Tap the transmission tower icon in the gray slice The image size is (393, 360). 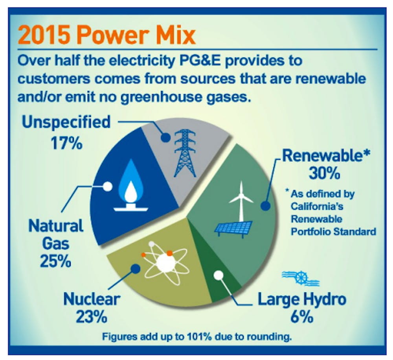pyautogui.click(x=185, y=153)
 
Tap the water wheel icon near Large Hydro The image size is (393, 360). pyautogui.click(x=301, y=278)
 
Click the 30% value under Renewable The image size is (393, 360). pyautogui.click(x=324, y=173)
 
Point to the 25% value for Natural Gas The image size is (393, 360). pyautogui.click(x=55, y=261)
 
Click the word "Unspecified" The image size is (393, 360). pyautogui.click(x=66, y=122)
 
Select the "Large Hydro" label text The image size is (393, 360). pyautogui.click(x=302, y=299)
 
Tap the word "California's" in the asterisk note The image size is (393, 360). pyautogui.click(x=317, y=206)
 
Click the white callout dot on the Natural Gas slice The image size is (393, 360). pyautogui.click(x=108, y=186)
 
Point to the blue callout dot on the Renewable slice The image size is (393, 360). pyautogui.click(x=266, y=206)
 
